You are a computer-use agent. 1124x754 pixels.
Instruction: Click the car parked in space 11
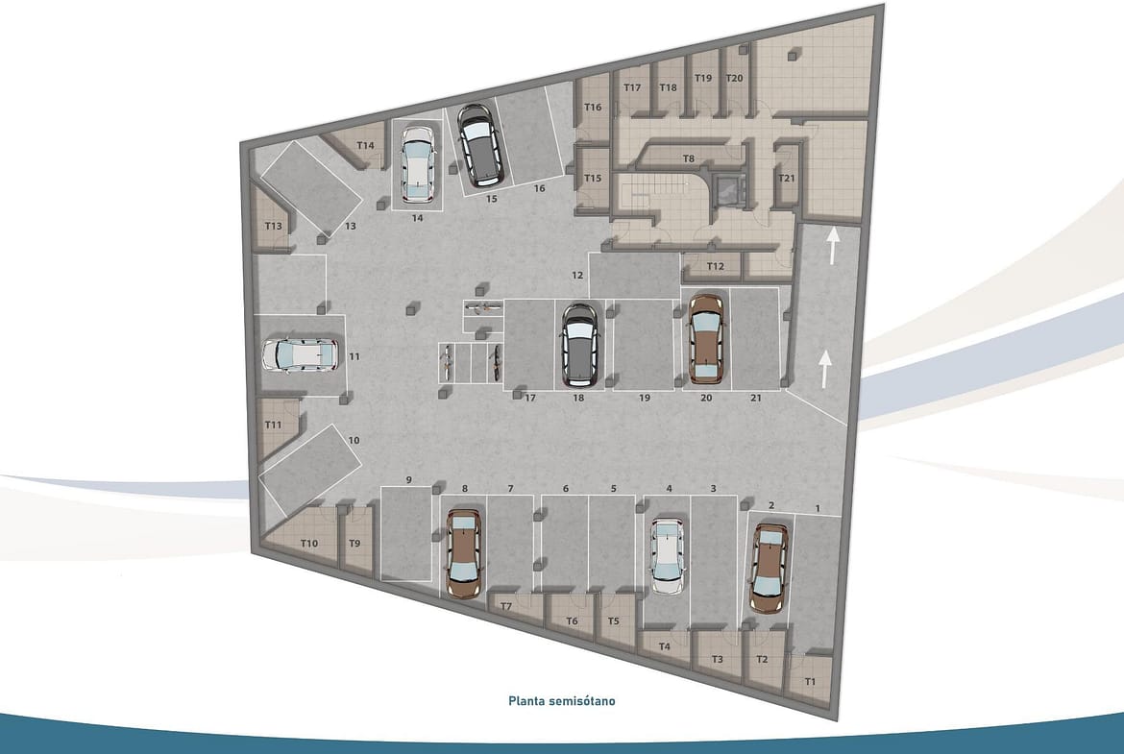[300, 354]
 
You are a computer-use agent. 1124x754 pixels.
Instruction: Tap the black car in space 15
[478, 145]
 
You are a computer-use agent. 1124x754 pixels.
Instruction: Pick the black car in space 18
[579, 345]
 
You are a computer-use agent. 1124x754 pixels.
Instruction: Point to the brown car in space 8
[465, 553]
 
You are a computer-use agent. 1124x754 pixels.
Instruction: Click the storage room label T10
[309, 544]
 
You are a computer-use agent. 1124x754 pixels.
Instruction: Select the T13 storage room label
[273, 226]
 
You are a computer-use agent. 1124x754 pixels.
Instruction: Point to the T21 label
[787, 178]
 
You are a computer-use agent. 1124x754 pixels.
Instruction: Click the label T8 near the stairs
[688, 158]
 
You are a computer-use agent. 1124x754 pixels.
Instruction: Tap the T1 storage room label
[810, 682]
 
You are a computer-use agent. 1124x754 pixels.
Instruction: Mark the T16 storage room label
[593, 108]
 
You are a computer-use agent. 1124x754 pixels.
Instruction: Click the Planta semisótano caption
[562, 701]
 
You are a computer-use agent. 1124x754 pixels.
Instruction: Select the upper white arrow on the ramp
[832, 246]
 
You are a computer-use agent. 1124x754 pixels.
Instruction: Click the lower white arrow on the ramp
[825, 369]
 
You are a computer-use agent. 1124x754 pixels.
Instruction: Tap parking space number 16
[539, 188]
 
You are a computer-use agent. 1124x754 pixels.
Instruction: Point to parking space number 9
[408, 479]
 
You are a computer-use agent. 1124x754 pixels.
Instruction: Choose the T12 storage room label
[716, 266]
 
